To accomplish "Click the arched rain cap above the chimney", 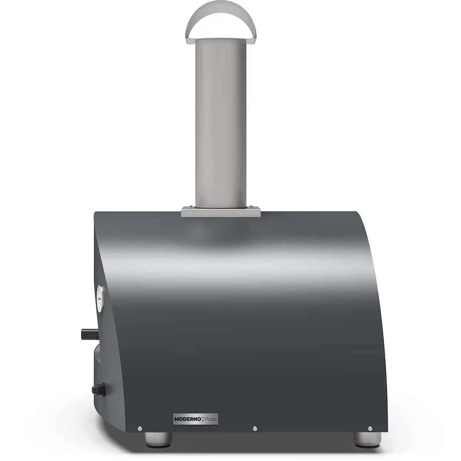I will click(x=221, y=15).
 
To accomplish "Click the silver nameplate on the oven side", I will click(x=195, y=410).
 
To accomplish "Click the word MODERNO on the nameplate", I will click(x=187, y=410).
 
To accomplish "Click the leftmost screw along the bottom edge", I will click(x=140, y=418).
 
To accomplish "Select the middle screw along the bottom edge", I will click(x=254, y=418).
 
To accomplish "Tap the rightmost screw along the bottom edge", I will click(x=370, y=418).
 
